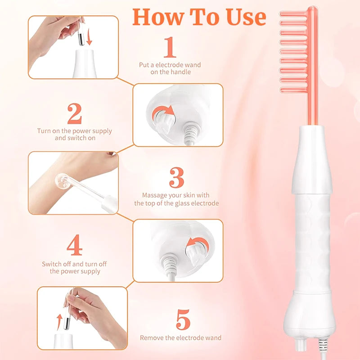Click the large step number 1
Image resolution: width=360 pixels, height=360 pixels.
point(170,48)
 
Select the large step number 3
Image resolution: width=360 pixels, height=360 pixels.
point(176,178)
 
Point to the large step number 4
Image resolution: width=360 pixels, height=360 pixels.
point(74,246)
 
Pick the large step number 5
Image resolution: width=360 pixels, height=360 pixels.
point(183,320)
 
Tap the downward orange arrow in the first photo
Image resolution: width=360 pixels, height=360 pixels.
point(89,38)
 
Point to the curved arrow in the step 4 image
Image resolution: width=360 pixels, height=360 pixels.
point(194,243)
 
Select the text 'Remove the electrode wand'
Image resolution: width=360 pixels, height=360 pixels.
point(180,337)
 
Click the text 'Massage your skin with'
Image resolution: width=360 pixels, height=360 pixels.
point(175,195)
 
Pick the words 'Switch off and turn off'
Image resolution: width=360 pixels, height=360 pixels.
point(74,264)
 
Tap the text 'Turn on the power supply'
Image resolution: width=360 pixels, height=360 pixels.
point(75,131)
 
